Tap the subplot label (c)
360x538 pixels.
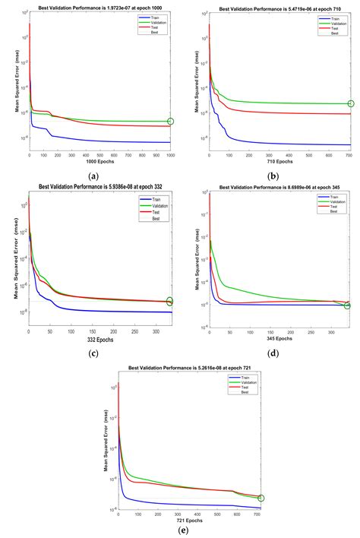93,354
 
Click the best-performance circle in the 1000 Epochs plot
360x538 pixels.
170,122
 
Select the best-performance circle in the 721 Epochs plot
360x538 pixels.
261,498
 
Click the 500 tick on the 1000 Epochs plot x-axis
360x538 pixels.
99,156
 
